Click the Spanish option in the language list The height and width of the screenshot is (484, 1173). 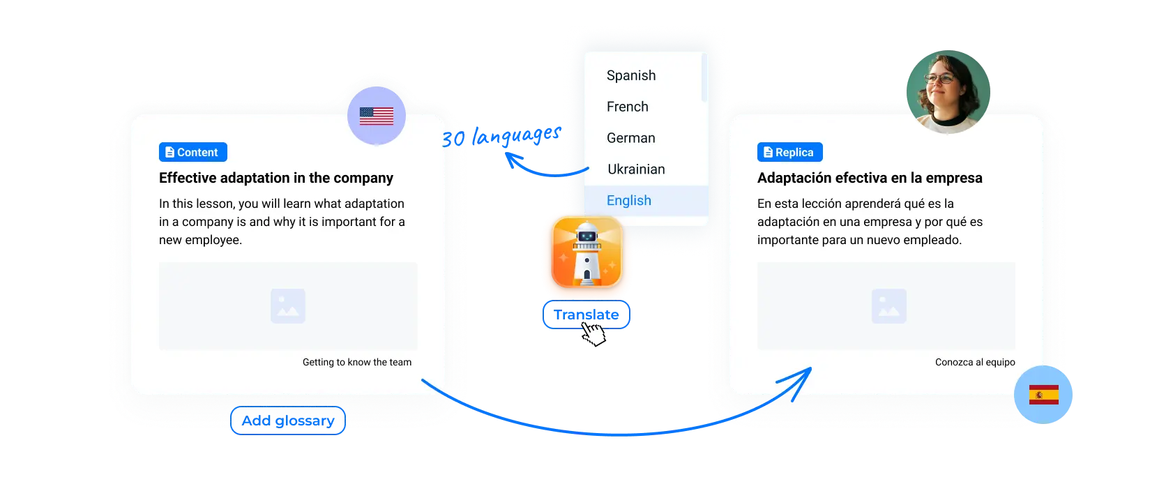point(631,75)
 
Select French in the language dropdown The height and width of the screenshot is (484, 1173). point(628,107)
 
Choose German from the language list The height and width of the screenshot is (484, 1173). point(631,138)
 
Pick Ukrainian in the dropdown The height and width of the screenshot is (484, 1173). point(636,169)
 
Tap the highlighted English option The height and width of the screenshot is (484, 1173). point(629,201)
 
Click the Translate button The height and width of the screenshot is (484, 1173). point(586,315)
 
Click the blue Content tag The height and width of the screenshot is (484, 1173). point(192,152)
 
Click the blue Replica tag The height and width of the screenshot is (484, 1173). point(789,152)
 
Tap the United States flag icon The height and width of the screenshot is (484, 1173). point(377,116)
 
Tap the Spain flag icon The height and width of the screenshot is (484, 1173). point(1043,395)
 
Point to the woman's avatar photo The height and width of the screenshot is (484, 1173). point(947,91)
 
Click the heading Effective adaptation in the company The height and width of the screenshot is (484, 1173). point(276,178)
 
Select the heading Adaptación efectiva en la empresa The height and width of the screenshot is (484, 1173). point(870,178)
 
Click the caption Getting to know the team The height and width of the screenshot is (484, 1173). point(357,362)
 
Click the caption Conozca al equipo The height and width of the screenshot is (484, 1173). point(975,362)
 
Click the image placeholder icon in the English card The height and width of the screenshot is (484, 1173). point(288,306)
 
